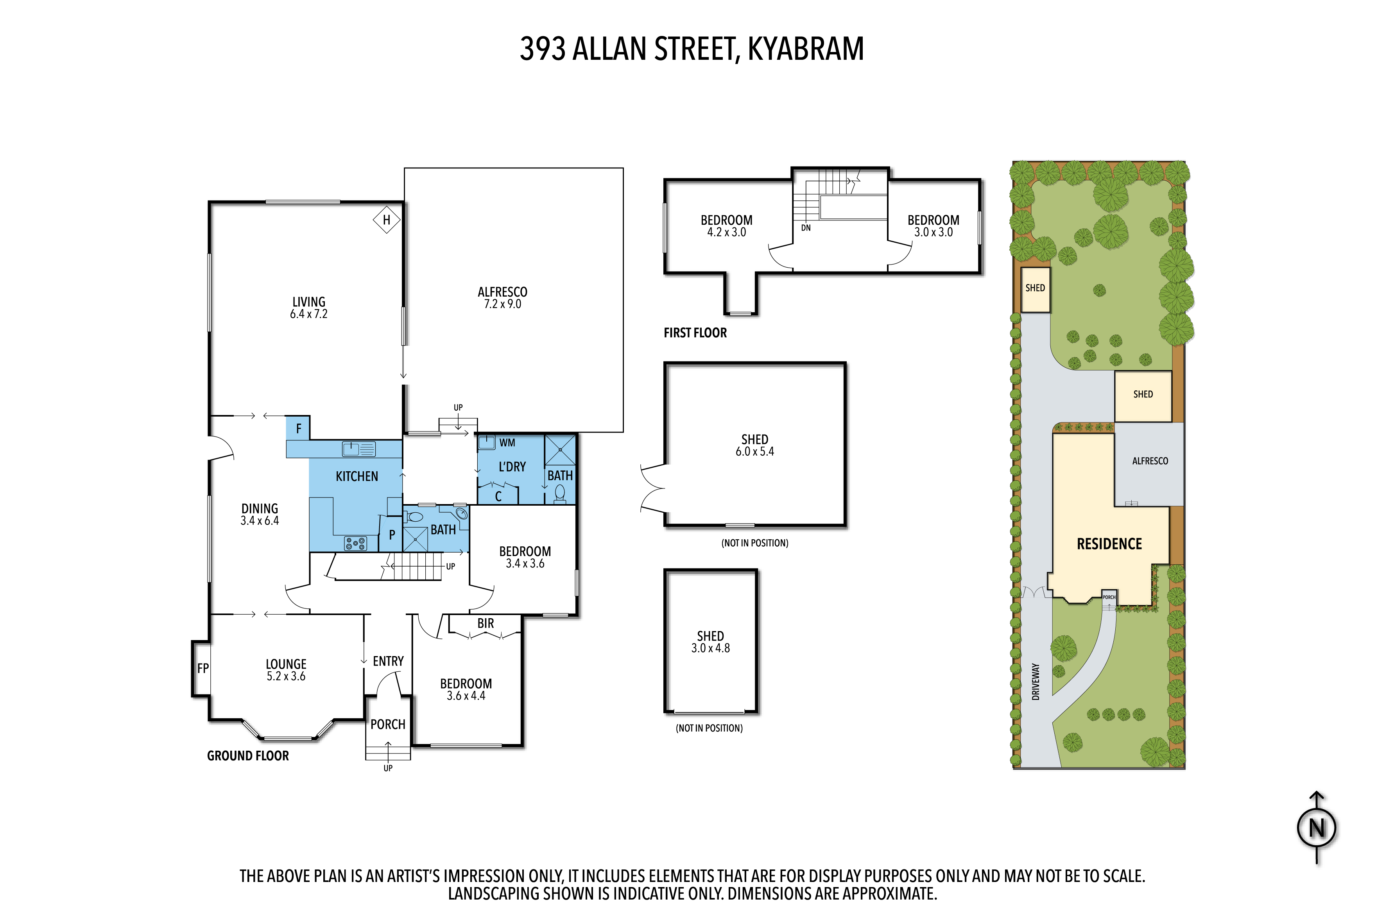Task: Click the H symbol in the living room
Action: point(386,220)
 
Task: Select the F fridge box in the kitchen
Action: point(298,428)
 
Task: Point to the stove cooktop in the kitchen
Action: point(355,543)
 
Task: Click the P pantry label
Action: point(392,535)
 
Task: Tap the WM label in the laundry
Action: point(507,443)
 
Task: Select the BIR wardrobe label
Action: point(486,623)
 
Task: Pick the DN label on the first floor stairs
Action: point(806,228)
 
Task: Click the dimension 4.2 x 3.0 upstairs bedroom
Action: point(726,233)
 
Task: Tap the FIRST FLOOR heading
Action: point(695,333)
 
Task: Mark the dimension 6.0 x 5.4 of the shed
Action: point(754,451)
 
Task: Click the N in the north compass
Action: point(1317,828)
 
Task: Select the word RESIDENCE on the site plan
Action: point(1109,544)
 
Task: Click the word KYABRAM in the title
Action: point(806,49)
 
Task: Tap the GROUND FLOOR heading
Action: point(248,756)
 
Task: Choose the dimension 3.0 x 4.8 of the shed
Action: point(710,648)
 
